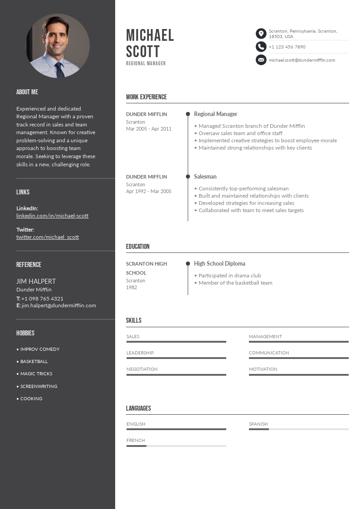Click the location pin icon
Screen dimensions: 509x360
pos(261,34)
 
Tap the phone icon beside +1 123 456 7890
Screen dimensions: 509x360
pos(261,47)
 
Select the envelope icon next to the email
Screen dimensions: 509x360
pos(261,60)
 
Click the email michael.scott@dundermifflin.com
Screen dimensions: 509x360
pos(302,60)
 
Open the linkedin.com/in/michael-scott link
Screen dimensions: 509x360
pos(52,216)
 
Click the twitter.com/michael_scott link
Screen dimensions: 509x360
pos(48,237)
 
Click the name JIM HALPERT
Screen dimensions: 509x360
pos(36,281)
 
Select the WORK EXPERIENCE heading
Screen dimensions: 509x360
pos(146,97)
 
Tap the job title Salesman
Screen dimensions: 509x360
pos(205,177)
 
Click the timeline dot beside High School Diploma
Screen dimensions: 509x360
pos(188,263)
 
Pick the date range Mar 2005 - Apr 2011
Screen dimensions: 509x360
pos(149,129)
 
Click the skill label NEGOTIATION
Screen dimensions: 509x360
pos(142,369)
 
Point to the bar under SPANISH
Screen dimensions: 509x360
pos(298,429)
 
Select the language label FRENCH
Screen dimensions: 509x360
pos(136,440)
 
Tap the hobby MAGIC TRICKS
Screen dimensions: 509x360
pos(36,374)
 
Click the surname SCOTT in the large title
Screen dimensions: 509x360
pos(143,51)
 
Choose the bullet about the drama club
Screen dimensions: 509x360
pos(229,276)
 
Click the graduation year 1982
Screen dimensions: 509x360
pos(131,287)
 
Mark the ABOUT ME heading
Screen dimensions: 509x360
pos(27,92)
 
